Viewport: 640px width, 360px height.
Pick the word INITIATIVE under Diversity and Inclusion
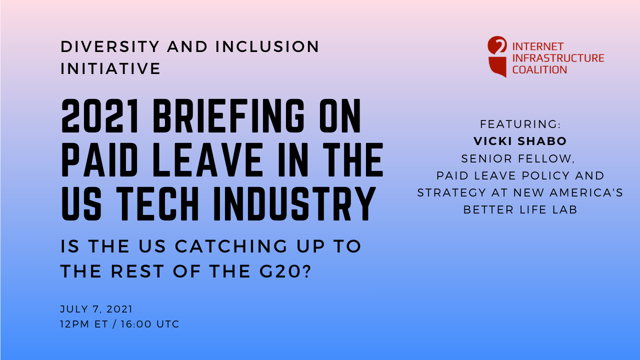110,68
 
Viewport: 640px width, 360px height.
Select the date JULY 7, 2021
96,309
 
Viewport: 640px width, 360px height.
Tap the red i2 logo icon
497,56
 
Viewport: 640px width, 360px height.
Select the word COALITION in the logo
539,69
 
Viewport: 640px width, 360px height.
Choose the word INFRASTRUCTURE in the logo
558,58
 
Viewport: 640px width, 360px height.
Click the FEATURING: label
520,124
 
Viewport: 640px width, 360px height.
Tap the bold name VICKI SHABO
520,141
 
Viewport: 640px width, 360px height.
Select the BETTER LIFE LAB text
520,209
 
